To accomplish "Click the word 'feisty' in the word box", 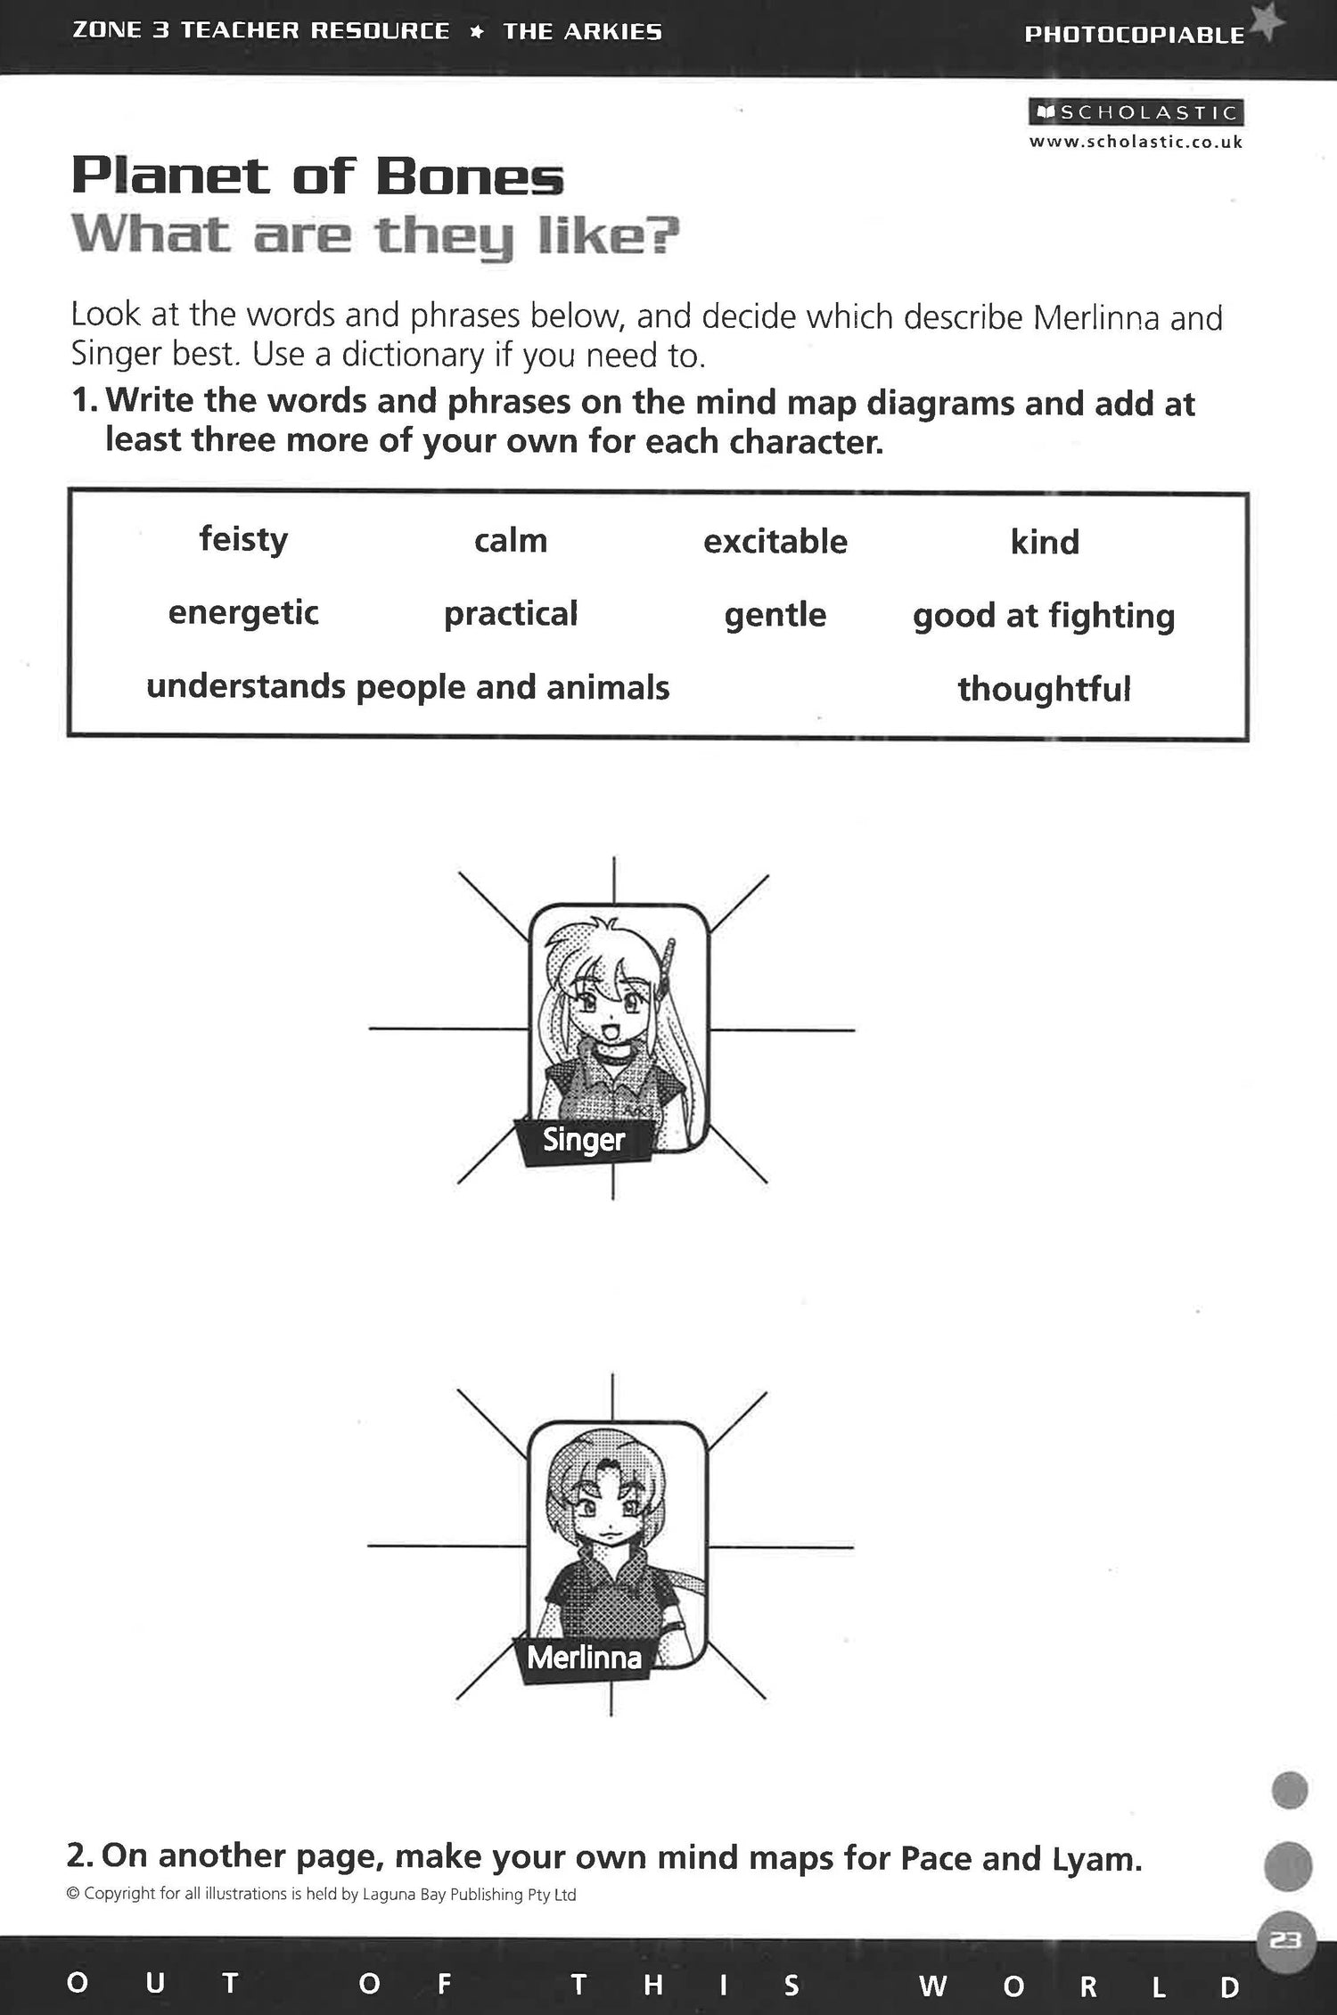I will click(243, 540).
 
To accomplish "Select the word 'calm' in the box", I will click(511, 541).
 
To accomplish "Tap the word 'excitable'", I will click(775, 542).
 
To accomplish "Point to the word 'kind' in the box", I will click(1045, 543).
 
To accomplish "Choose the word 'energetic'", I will click(243, 613).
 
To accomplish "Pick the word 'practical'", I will click(511, 614).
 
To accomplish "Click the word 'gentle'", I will click(775, 615).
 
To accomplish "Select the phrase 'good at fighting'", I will click(1044, 617).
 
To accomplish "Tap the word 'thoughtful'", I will click(1044, 689).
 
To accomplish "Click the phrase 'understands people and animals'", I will click(407, 687).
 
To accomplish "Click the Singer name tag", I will click(584, 1140).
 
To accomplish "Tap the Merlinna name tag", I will click(584, 1658).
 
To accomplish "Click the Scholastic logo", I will click(1136, 113).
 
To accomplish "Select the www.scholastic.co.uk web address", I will click(1136, 142).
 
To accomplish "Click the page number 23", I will click(1285, 1940).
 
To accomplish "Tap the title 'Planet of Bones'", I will click(317, 176).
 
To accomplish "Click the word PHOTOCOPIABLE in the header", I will click(1134, 35).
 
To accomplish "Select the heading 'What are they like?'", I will click(375, 236).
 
